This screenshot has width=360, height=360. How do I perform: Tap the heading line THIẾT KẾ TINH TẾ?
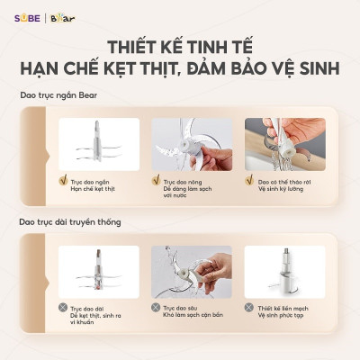click(x=180, y=46)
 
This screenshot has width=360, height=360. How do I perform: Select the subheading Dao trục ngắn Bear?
click(x=57, y=95)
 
